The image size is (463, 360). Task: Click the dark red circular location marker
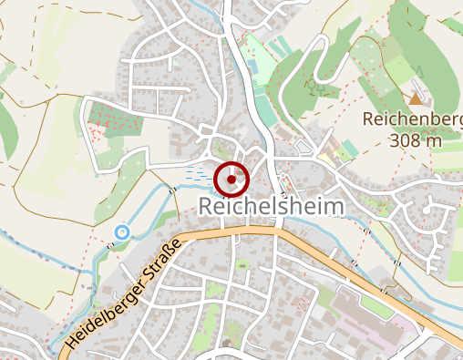(232, 180)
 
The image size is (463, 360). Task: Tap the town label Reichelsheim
(272, 207)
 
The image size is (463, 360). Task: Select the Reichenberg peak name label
(411, 119)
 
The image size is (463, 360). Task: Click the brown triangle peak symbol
(416, 98)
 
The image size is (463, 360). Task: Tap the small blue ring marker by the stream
(120, 233)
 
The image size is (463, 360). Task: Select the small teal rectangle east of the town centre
(350, 149)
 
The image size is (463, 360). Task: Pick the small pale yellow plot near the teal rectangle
(339, 154)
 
